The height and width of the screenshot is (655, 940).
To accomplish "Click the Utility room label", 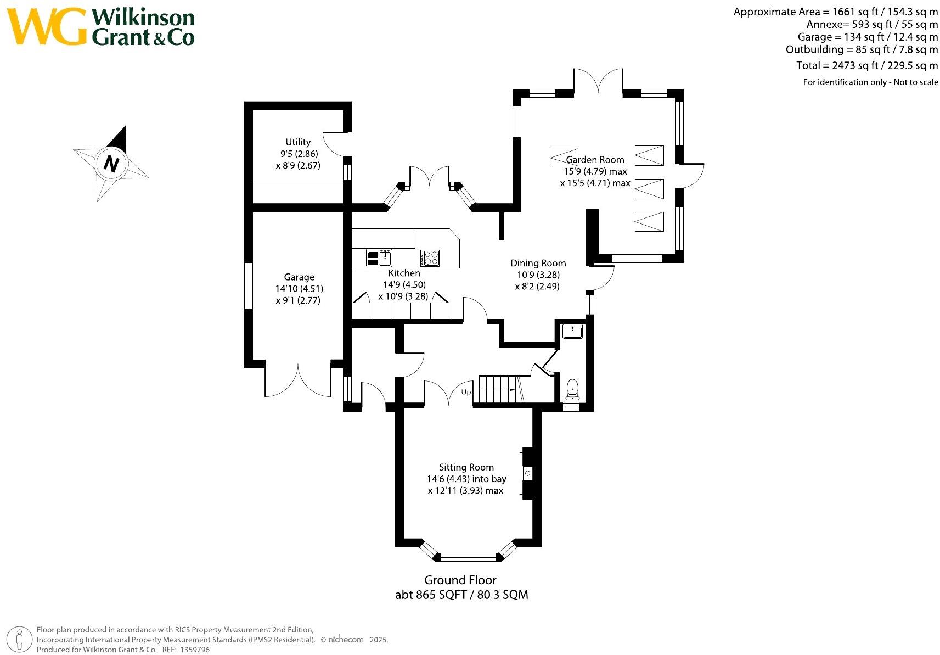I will pyautogui.click(x=298, y=142).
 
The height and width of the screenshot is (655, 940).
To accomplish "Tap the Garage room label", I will pyautogui.click(x=299, y=277).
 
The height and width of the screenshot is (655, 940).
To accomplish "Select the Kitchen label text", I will pyautogui.click(x=404, y=273).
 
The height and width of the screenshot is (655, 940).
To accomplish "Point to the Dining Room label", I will pyautogui.click(x=538, y=263).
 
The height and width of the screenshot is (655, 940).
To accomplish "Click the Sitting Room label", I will pyautogui.click(x=466, y=467).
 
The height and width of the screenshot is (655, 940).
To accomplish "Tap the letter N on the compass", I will pyautogui.click(x=111, y=164).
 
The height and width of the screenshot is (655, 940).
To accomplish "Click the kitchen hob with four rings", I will pyautogui.click(x=430, y=257).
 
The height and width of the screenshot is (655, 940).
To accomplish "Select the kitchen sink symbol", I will pyautogui.click(x=379, y=257).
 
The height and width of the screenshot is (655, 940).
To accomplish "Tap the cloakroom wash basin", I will pyautogui.click(x=573, y=331).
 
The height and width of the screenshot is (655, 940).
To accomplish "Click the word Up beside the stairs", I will pyautogui.click(x=466, y=392).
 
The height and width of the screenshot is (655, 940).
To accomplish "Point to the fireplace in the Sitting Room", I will pyautogui.click(x=527, y=473).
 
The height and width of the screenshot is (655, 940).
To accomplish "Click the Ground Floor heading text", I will pyautogui.click(x=460, y=580).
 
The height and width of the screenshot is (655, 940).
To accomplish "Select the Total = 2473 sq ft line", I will pyautogui.click(x=867, y=65).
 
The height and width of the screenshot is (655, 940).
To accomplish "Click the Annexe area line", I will pyautogui.click(x=872, y=24).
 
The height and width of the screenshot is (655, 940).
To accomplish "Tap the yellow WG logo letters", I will pyautogui.click(x=47, y=27).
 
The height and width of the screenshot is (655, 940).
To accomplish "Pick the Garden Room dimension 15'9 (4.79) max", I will pyautogui.click(x=595, y=171).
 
